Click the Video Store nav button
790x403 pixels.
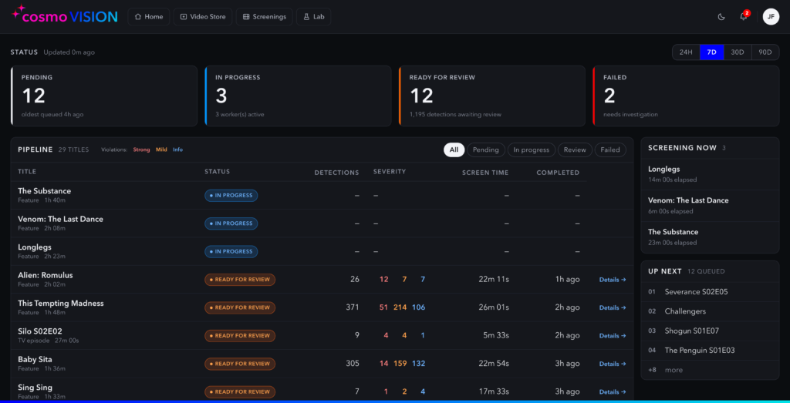[x=203, y=17]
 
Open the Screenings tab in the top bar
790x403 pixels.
[x=264, y=17]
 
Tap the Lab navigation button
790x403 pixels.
[x=313, y=17]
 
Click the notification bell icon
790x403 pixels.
[x=743, y=17]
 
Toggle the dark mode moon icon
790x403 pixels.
[x=721, y=17]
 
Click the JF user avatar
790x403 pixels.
[x=771, y=17]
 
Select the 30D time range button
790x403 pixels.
[x=738, y=52]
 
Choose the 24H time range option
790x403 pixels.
[x=686, y=52]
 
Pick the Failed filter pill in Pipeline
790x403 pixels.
[x=610, y=149]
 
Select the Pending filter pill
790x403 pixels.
[x=486, y=149]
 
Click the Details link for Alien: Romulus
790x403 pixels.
[x=613, y=279]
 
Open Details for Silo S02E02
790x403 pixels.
[x=613, y=336]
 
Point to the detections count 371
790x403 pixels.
[x=353, y=307]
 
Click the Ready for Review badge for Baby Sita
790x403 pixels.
[x=240, y=364]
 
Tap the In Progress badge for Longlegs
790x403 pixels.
[x=231, y=251]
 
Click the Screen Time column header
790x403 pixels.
[x=485, y=173]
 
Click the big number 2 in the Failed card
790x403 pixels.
[x=609, y=96]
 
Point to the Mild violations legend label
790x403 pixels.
[x=161, y=149]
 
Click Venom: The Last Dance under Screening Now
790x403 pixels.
[x=688, y=200]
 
